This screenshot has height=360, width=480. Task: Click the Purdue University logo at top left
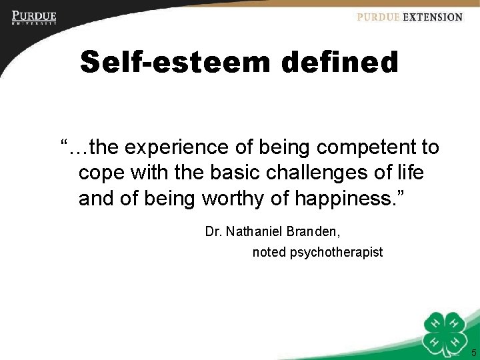coord(34,17)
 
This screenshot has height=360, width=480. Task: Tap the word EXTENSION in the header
coord(432,17)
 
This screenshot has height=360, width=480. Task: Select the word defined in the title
coord(339,63)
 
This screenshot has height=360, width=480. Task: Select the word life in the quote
coord(409,173)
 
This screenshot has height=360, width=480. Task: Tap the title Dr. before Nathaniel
coord(213,232)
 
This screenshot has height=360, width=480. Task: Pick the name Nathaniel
coord(256,232)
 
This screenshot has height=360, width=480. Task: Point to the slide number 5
coord(473,353)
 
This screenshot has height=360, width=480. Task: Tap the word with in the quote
coord(149,173)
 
